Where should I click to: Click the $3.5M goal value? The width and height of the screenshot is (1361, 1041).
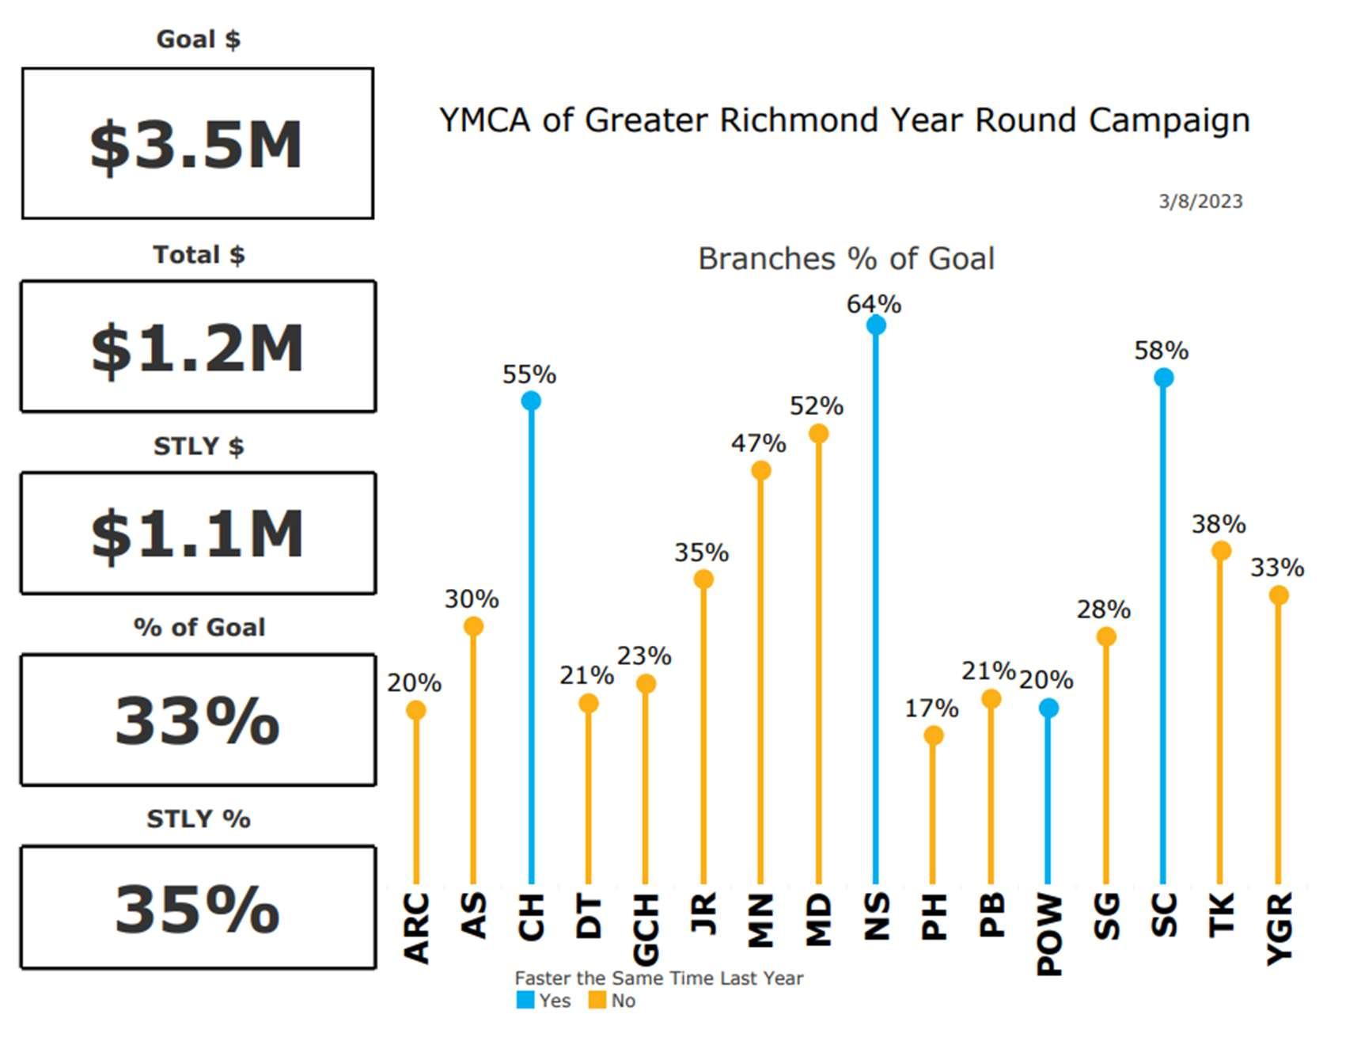coord(196,146)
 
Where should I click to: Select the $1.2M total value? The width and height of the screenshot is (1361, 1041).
coord(197,348)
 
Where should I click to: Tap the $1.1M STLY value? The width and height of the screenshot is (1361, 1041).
coord(197,534)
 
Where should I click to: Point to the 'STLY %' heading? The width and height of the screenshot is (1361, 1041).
coord(199,819)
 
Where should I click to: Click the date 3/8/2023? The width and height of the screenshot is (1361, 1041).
coord(1200,201)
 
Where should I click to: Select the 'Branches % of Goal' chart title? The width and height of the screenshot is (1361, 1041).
coord(846,259)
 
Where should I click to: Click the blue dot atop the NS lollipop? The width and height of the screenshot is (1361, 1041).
coord(876,325)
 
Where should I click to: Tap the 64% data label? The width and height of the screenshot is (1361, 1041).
coord(874,304)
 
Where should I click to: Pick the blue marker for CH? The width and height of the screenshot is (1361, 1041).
coord(531,401)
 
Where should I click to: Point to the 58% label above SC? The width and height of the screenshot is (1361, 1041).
coord(1161,351)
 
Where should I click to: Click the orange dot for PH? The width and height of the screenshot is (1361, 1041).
coord(934,735)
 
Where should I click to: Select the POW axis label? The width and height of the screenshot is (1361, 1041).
coord(1049,934)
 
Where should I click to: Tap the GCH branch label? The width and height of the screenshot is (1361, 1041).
coord(646,929)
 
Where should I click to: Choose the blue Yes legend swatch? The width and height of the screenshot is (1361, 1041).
coord(525,1000)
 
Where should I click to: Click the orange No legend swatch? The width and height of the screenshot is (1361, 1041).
coord(597,1000)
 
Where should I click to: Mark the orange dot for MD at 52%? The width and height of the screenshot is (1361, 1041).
coord(818,434)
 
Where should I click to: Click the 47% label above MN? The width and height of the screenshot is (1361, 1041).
coord(758,443)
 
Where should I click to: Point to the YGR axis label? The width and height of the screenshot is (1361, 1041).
coord(1279,929)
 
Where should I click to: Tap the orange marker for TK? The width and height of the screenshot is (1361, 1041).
coord(1221,550)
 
